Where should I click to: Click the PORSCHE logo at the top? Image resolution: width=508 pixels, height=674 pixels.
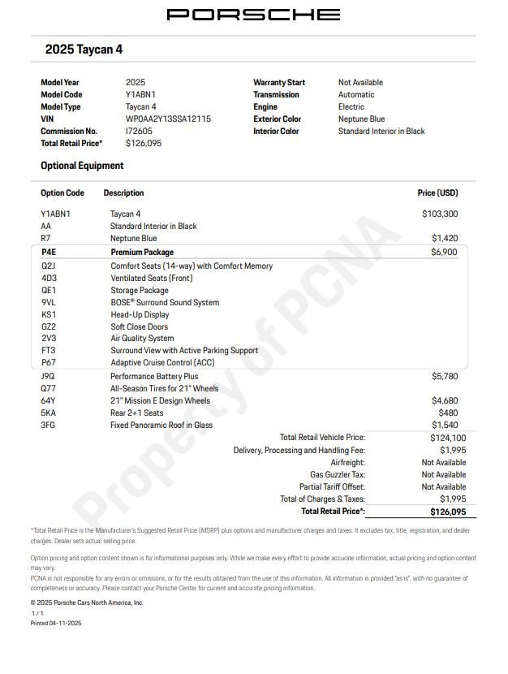(253, 15)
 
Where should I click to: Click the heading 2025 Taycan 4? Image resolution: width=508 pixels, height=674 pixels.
(84, 50)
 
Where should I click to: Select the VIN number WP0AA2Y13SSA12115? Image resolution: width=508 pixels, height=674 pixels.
(168, 119)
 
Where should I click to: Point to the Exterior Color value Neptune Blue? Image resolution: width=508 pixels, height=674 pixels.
(361, 119)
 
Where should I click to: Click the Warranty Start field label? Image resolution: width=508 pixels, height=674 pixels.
(279, 82)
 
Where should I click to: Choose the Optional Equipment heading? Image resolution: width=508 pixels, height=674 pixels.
(82, 166)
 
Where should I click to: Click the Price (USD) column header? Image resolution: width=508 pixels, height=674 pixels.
(437, 193)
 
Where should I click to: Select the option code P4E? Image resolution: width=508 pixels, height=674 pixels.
(49, 253)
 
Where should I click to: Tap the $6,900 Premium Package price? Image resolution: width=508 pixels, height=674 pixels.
(444, 253)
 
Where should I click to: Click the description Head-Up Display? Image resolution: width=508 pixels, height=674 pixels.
(140, 314)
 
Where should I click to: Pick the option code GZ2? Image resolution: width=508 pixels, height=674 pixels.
(49, 326)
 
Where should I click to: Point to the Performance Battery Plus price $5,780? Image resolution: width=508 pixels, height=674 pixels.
(444, 377)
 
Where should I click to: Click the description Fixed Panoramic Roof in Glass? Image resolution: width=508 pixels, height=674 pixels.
(161, 425)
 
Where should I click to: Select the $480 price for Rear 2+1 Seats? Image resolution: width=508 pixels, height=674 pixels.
(449, 413)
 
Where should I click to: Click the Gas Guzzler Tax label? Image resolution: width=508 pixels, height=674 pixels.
(338, 474)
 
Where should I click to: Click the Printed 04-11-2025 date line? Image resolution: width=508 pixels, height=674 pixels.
(56, 623)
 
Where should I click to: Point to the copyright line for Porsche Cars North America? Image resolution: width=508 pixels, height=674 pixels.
(87, 603)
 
